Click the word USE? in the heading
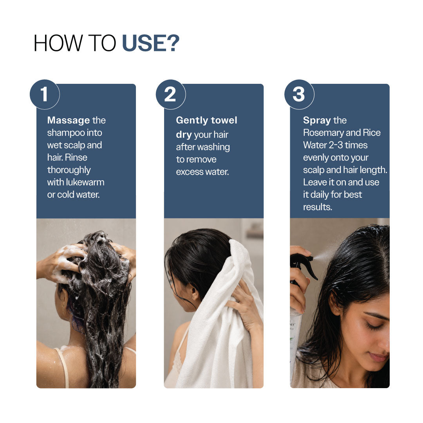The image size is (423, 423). pyautogui.click(x=150, y=43)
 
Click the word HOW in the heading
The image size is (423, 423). pyautogui.click(x=58, y=43)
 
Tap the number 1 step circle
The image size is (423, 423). pyautogui.click(x=45, y=94)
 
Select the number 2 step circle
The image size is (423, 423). pyautogui.click(x=170, y=94)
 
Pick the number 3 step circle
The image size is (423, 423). pyautogui.click(x=299, y=94)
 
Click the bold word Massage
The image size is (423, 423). pyautogui.click(x=69, y=120)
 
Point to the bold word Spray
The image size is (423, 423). pyautogui.click(x=317, y=120)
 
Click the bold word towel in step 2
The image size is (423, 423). pyautogui.click(x=224, y=120)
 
